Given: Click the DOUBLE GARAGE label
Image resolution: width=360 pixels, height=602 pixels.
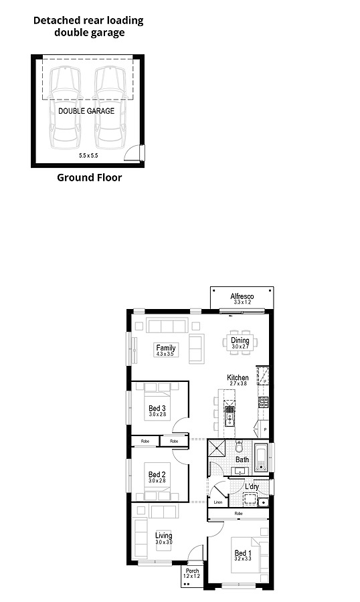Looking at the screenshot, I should pyautogui.click(x=86, y=111).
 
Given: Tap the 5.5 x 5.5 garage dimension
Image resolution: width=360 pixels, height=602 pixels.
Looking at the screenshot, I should pyautogui.click(x=88, y=155).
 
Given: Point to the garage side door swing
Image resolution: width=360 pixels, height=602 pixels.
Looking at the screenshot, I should pyautogui.click(x=136, y=154).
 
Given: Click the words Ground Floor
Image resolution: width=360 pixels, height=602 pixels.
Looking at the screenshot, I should pyautogui.click(x=89, y=178).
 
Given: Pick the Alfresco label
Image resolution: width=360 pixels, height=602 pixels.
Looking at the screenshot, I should pyautogui.click(x=242, y=296).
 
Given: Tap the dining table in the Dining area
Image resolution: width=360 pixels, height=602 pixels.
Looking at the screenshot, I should pyautogui.click(x=240, y=338).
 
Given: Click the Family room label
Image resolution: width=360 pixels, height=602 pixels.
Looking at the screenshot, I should pyautogui.click(x=165, y=348).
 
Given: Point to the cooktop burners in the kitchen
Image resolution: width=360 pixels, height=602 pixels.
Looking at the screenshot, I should pyautogui.click(x=264, y=402).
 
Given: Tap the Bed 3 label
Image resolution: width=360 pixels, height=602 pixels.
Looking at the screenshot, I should pyautogui.click(x=157, y=409).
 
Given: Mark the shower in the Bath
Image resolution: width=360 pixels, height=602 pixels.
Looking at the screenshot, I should pyautogui.click(x=217, y=449).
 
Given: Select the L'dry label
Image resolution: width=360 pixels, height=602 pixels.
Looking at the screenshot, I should pyautogui.click(x=252, y=486).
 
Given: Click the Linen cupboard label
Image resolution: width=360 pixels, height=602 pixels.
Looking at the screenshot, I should pyautogui.click(x=217, y=501).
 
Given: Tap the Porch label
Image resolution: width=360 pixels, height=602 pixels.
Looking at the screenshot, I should pyautogui.click(x=192, y=571).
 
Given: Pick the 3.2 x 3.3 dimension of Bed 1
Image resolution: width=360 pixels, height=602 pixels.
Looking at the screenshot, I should pyautogui.click(x=242, y=560).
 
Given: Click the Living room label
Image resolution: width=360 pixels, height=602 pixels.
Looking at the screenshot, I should pyautogui.click(x=163, y=536).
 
